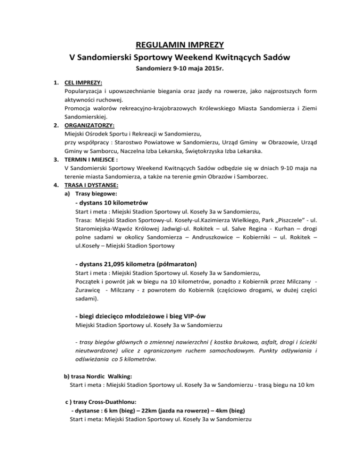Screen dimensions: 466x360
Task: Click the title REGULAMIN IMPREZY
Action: click(180, 45)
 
